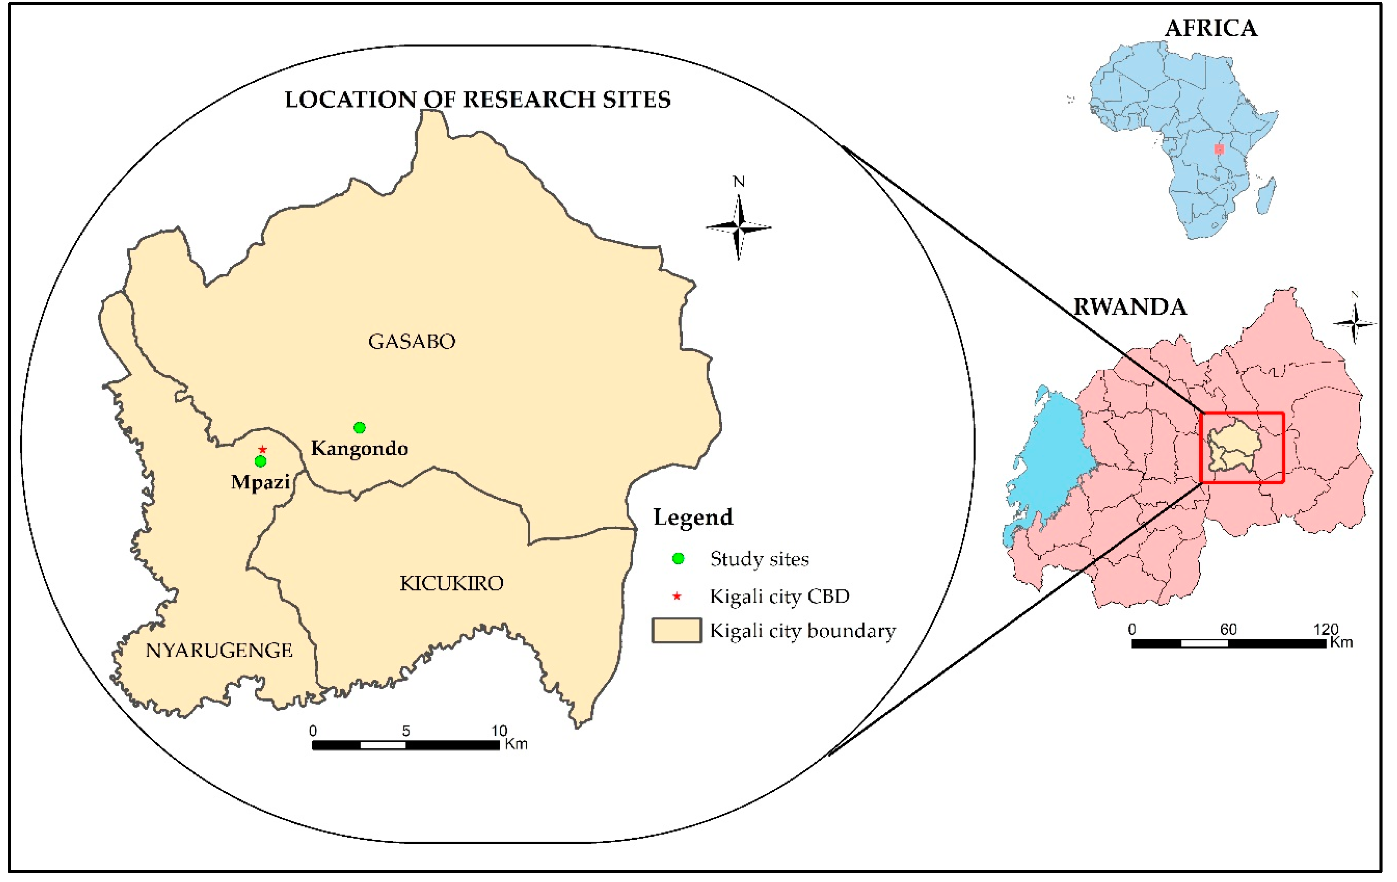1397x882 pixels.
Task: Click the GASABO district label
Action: [x=412, y=341]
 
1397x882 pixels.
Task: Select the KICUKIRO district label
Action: [x=451, y=583]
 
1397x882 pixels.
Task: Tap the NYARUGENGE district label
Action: [x=219, y=650]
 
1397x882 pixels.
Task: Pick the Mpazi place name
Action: [x=260, y=482]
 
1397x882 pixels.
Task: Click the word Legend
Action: [x=693, y=517]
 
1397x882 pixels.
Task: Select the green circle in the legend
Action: [x=678, y=559]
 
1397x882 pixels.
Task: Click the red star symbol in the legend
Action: [x=677, y=596]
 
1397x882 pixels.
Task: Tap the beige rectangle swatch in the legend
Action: [x=677, y=631]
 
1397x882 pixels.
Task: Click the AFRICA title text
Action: [x=1211, y=28]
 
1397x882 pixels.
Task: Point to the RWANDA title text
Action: [x=1130, y=307]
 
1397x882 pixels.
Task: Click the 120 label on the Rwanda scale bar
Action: [x=1326, y=629]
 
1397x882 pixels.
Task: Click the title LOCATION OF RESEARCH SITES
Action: [x=477, y=99]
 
